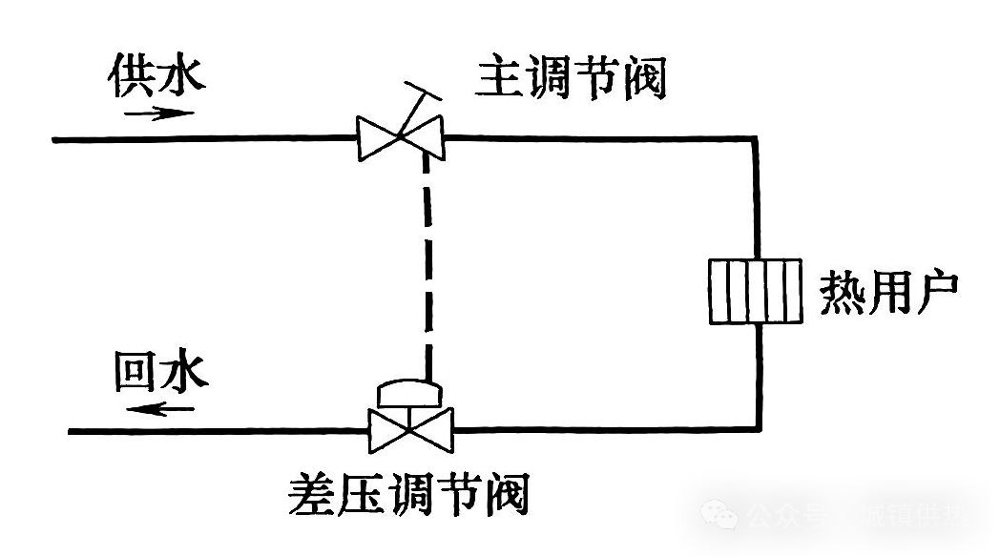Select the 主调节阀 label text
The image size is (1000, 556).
pos(571,77)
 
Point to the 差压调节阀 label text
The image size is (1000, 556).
pos(408,494)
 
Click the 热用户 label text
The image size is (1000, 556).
pos(888,294)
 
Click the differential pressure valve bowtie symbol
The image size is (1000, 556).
pos(411,431)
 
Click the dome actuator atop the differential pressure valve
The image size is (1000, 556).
pos(408,391)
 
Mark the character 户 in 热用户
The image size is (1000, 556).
pos(934,294)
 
